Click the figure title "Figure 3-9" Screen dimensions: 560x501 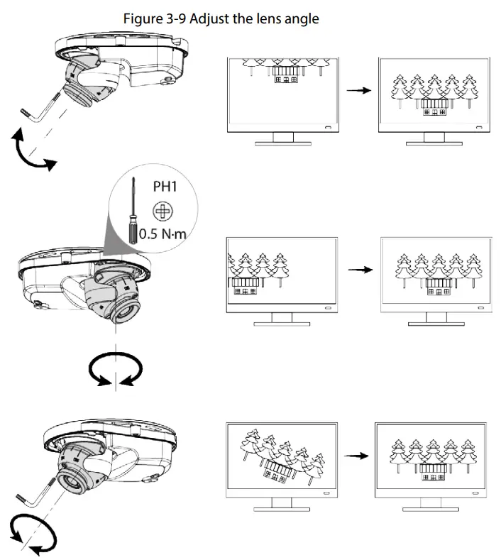coord(153,19)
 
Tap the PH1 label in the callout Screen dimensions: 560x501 coord(165,189)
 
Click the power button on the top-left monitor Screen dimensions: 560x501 coord(326,127)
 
